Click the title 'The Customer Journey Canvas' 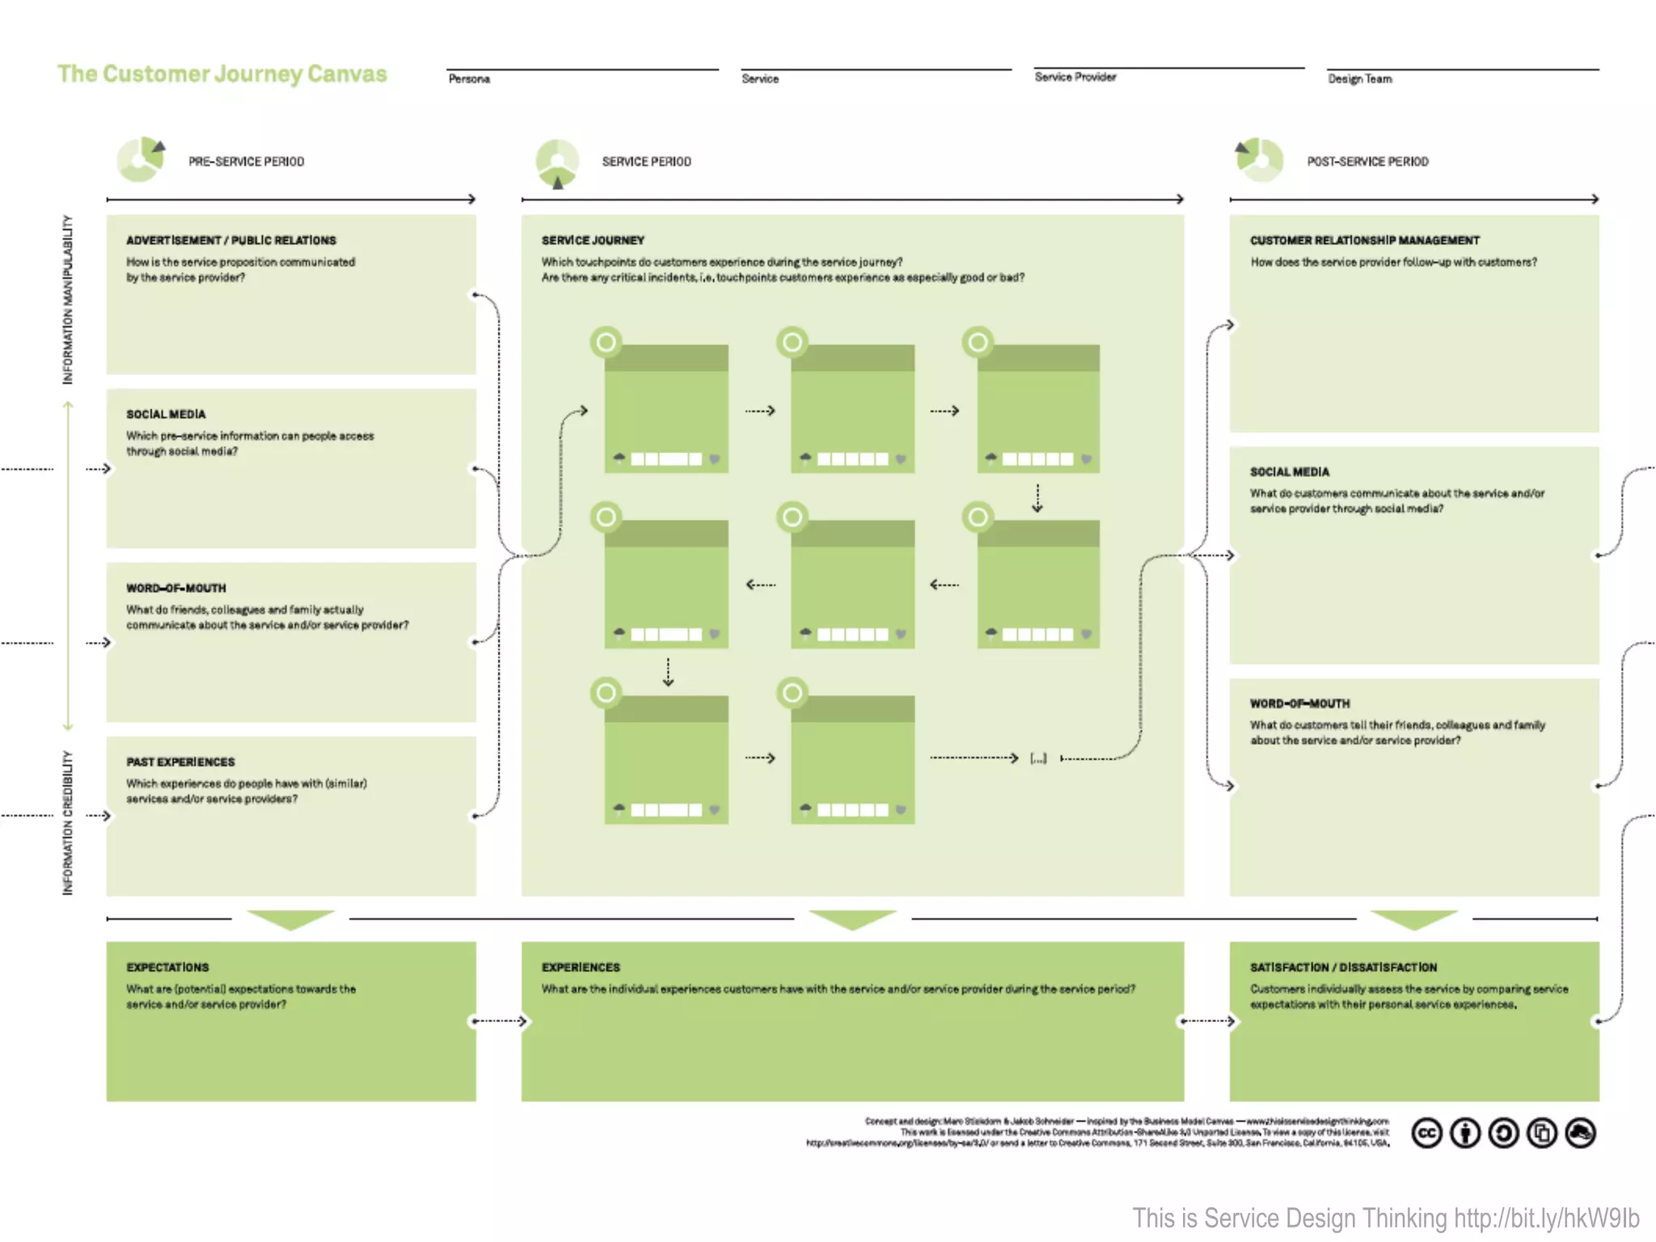coord(222,74)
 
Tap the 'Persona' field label coord(469,79)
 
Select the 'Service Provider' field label coord(1075,78)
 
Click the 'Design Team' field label coord(1359,79)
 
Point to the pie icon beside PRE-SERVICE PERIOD coord(141,159)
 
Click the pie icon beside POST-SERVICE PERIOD coord(1259,159)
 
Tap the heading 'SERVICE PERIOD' coord(646,162)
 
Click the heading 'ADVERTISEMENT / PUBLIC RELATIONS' coord(230,241)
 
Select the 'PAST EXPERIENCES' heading coord(180,763)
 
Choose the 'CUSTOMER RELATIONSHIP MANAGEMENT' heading coord(1364,241)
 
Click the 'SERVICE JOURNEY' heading coord(593,241)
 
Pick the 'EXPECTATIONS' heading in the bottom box coord(167,968)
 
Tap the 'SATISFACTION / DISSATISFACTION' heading coord(1343,968)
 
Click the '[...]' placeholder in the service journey coord(1038,758)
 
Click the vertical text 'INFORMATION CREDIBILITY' coord(68,822)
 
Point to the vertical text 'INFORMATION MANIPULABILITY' coord(68,299)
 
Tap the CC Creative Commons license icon coord(1426,1134)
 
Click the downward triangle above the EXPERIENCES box coord(852,920)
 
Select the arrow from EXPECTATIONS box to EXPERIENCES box coord(500,1021)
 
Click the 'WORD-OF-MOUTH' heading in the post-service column coord(1299,704)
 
